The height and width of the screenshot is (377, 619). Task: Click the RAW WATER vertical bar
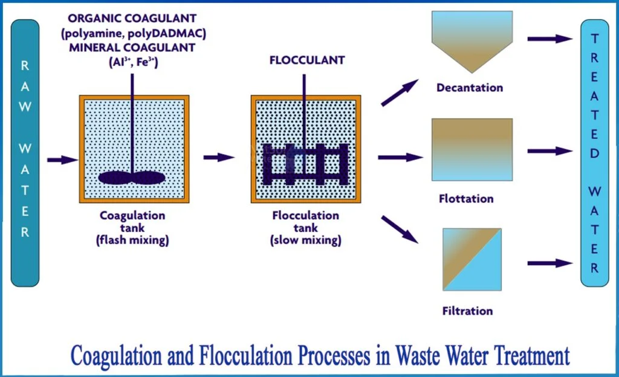(25, 151)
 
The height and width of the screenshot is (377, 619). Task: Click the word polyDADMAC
(175, 33)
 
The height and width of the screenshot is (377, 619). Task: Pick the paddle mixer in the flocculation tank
(306, 164)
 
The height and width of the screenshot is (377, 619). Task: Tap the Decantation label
(470, 88)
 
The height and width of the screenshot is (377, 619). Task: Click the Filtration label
(467, 311)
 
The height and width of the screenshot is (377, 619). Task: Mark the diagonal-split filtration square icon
(472, 259)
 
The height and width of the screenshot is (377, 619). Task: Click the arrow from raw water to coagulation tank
(62, 160)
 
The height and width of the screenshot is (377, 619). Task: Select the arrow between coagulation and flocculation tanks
(219, 158)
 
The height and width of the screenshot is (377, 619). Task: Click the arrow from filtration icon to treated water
(549, 263)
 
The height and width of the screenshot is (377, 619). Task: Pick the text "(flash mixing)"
(133, 240)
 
